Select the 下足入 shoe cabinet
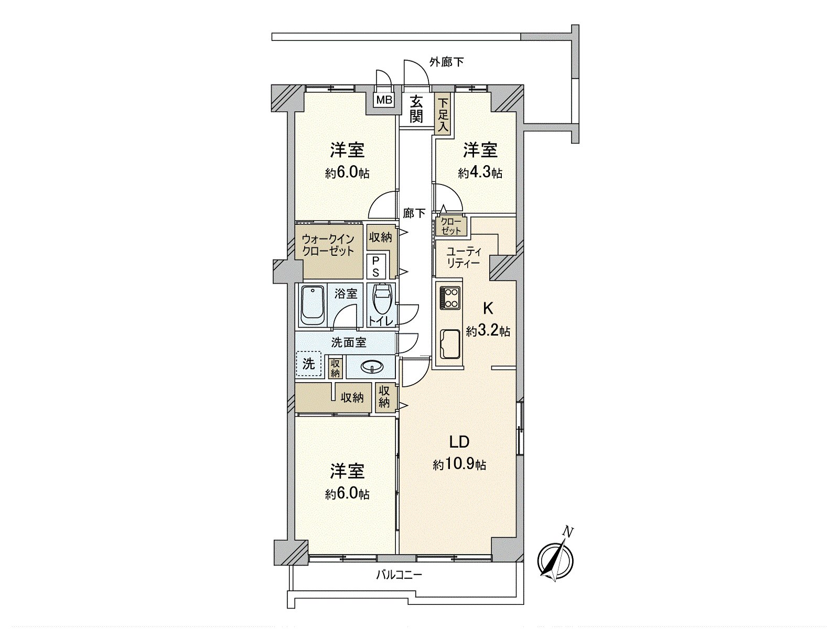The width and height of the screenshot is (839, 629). coord(443,114)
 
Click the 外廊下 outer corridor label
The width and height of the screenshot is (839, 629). coord(446,62)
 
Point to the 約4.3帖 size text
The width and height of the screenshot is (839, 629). coord(480,173)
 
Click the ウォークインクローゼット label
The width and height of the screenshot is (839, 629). coord(328,245)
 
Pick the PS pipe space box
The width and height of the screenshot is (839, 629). coord(376,266)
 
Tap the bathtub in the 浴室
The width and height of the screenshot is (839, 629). coord(313,306)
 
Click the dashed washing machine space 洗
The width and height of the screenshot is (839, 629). coord(309,363)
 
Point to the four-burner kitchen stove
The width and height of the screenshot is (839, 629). coord(449,298)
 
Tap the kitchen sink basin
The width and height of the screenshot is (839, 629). coord(449,344)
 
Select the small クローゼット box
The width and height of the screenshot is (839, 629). coord(451,226)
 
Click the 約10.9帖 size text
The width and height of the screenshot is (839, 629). coord(459,464)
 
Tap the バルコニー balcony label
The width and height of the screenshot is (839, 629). coord(399,575)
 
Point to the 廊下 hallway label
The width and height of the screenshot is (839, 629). coord(414,213)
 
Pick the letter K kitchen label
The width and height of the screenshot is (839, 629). coord(487,308)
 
